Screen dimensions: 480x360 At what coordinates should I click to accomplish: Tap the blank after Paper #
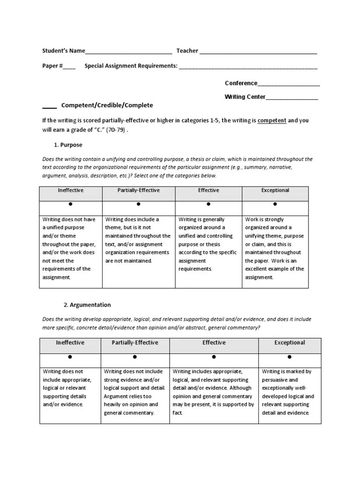tap(69, 67)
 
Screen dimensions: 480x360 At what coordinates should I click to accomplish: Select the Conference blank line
tap(289, 84)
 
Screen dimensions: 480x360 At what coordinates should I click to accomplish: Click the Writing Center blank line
tap(292, 98)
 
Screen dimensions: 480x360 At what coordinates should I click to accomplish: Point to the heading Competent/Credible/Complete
tap(107, 105)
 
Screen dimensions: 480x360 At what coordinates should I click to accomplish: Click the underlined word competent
tap(272, 120)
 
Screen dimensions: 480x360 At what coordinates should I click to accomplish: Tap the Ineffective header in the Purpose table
tap(70, 191)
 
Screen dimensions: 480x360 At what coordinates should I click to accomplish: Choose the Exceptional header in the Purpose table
tap(275, 191)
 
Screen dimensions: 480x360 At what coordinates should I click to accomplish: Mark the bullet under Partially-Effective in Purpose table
tap(138, 204)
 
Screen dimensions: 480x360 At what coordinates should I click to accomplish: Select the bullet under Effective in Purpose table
tap(208, 204)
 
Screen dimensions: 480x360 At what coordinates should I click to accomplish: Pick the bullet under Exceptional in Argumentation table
tap(290, 357)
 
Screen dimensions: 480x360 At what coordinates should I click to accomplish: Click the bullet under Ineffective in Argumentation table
tap(70, 357)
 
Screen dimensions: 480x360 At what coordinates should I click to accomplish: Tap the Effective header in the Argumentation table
tap(214, 343)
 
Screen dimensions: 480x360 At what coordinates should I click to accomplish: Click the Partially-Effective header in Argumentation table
tap(135, 343)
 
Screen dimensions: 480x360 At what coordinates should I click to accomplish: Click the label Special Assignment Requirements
tap(131, 67)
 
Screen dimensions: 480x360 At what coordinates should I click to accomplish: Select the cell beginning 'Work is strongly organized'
tap(275, 248)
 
